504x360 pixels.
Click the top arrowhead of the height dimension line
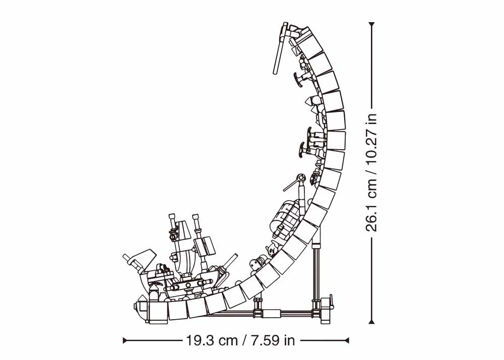click(372, 24)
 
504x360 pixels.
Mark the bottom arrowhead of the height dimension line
click(372, 321)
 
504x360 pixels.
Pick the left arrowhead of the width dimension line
click(125, 340)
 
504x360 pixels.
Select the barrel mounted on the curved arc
click(283, 214)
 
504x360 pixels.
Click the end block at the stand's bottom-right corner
click(326, 310)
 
